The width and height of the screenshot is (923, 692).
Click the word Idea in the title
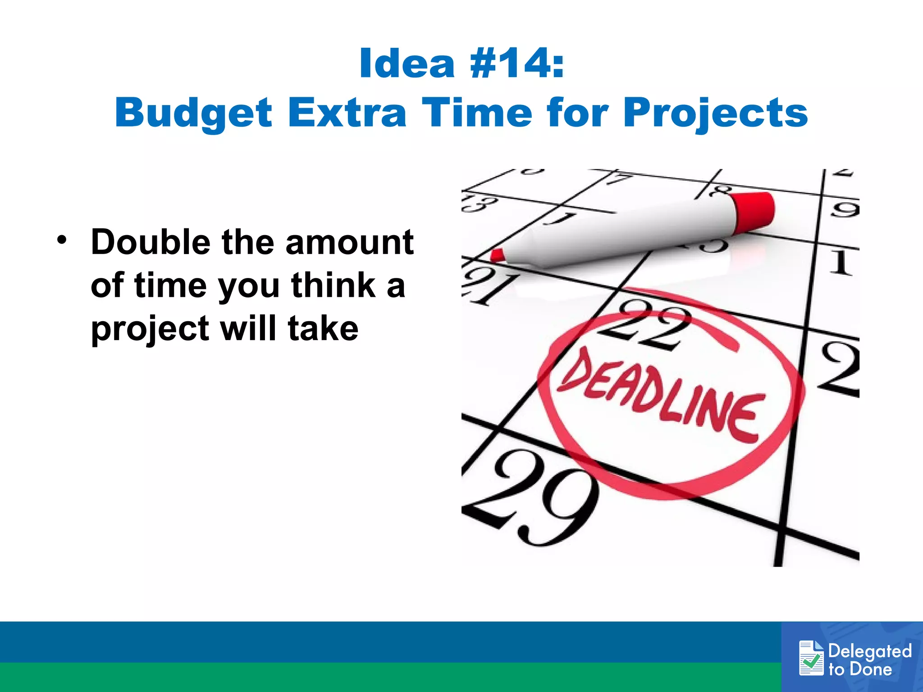point(407,64)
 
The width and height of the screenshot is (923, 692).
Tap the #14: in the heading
point(516,64)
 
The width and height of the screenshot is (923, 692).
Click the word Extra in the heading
point(347,113)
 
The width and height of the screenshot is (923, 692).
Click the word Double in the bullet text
point(151,242)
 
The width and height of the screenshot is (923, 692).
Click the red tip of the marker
point(498,255)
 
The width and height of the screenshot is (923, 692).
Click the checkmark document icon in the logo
point(811,658)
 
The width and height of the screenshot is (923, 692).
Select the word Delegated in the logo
point(870,651)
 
